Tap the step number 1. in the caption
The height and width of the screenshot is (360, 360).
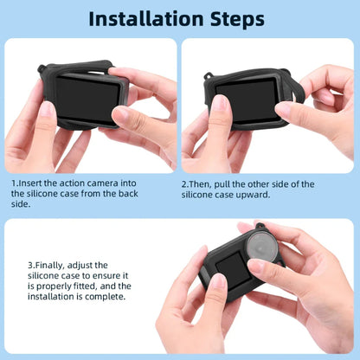pos(14,184)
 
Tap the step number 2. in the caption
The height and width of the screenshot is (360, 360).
pos(185,184)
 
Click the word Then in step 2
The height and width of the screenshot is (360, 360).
pos(202,184)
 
